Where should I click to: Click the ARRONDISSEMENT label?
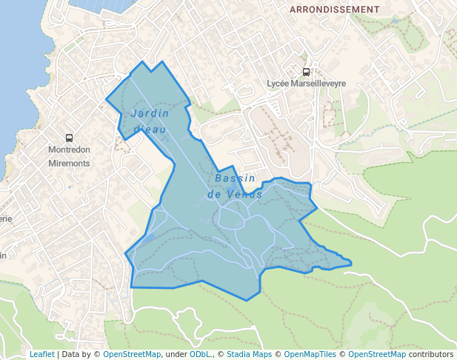334,10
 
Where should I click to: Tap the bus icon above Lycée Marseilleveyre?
306,72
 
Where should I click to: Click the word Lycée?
279,84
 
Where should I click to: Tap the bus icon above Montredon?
70,138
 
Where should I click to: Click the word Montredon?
69,150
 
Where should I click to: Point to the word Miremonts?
69,163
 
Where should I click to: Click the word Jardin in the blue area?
150,113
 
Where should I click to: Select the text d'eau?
148,130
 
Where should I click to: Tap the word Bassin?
235,179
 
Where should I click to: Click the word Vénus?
247,194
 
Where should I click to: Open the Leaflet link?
41,354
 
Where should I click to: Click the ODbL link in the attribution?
199,354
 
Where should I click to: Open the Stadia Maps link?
249,354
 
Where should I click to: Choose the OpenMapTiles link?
311,354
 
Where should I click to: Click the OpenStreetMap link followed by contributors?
377,354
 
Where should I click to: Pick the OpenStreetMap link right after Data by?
132,354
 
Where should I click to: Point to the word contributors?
430,354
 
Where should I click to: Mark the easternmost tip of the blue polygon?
351,262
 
